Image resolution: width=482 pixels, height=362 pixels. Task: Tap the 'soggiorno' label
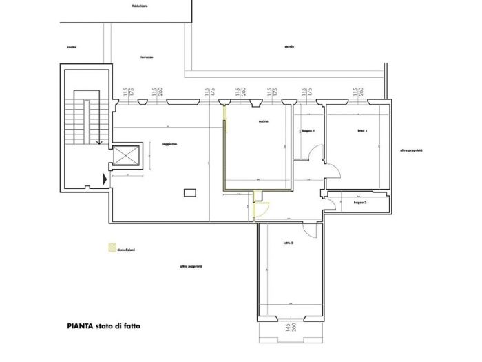tap(170, 143)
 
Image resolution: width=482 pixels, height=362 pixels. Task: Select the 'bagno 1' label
tap(308, 131)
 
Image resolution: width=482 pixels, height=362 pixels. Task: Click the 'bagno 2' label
tap(360, 203)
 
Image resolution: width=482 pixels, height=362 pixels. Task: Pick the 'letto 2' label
tap(288, 243)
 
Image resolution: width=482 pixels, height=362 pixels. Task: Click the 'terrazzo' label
tap(147, 57)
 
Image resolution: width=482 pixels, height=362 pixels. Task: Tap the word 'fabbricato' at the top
tap(140, 5)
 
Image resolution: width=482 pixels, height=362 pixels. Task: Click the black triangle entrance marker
tap(105, 179)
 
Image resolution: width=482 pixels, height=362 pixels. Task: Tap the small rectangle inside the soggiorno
tap(189, 194)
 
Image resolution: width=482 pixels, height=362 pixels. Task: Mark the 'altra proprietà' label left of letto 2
tap(191, 265)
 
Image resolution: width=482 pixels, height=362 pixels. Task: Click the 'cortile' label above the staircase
tap(72, 47)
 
